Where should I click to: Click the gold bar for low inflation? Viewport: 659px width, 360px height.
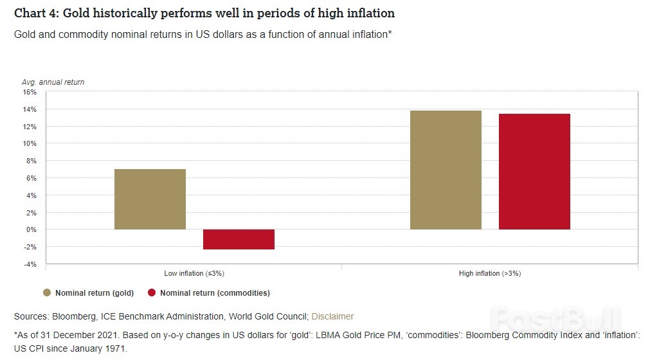[150, 199]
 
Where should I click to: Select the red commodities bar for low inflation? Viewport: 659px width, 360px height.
[239, 239]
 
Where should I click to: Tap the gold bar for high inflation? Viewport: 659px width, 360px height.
[446, 170]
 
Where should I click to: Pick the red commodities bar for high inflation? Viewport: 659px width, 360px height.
[534, 172]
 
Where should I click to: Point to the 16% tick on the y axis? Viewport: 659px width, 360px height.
[30, 92]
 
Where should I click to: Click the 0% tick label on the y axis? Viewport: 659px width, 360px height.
[32, 230]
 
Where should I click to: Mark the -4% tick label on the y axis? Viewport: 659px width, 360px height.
[31, 264]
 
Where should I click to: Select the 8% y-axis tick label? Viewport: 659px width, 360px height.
[32, 161]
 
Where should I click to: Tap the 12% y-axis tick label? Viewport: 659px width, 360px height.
[30, 127]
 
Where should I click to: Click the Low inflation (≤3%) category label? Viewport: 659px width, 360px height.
[194, 273]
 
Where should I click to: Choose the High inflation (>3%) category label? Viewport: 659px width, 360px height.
[490, 273]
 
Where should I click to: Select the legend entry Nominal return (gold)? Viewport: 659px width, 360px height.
[95, 293]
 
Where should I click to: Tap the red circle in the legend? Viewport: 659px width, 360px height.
[152, 293]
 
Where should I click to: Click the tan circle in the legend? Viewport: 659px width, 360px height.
[47, 293]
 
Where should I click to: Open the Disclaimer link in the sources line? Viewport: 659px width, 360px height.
[332, 316]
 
